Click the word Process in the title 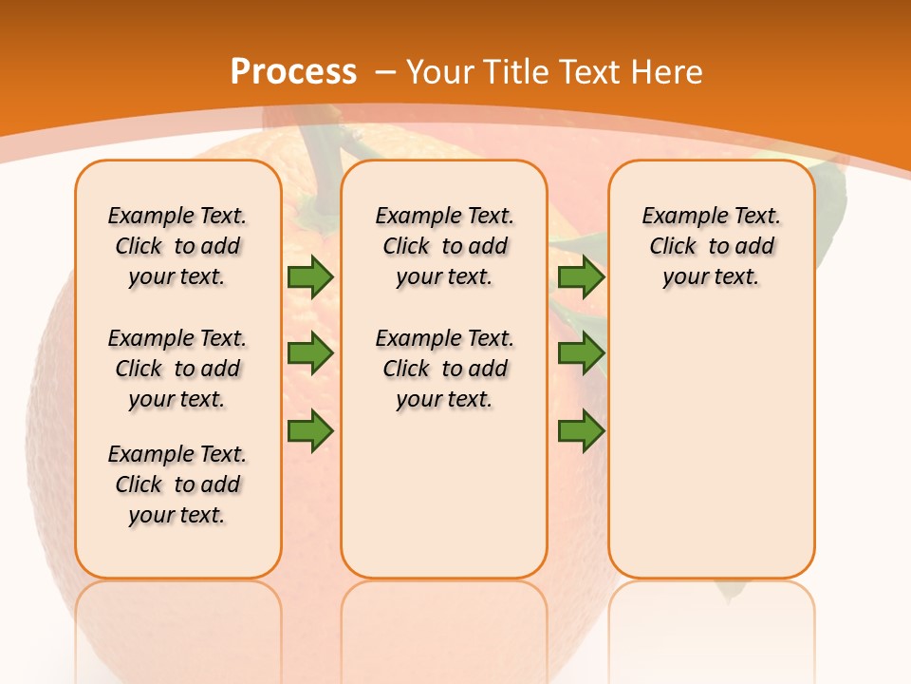293,72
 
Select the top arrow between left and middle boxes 309,276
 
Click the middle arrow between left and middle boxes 309,353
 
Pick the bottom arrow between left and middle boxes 309,430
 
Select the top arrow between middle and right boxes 581,276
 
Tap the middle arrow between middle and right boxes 581,353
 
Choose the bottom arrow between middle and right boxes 581,430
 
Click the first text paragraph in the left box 177,246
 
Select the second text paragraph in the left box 177,369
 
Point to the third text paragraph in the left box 177,484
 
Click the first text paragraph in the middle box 444,246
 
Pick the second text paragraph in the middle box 444,369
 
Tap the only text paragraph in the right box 711,246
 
